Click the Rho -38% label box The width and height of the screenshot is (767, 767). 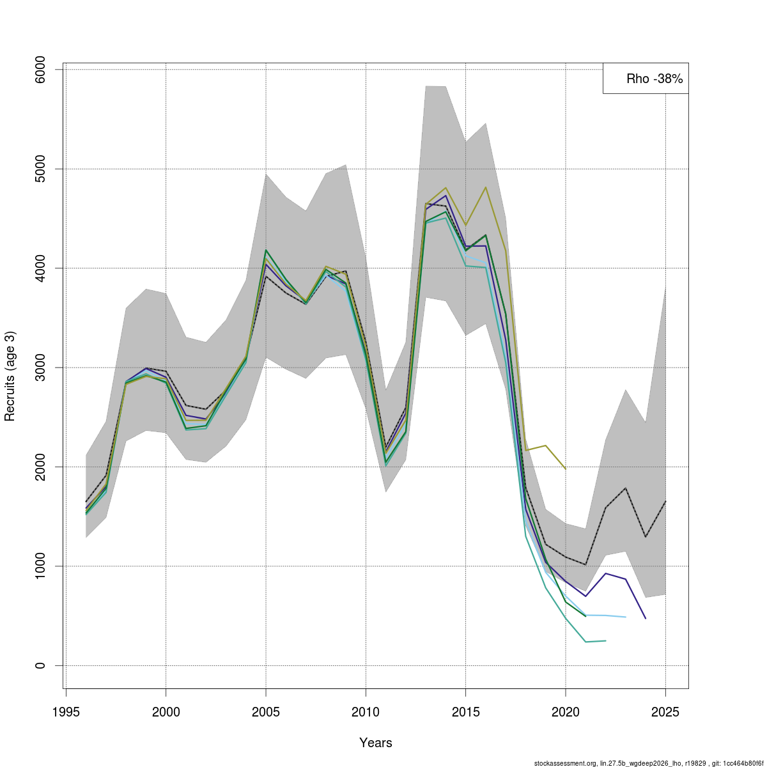point(645,79)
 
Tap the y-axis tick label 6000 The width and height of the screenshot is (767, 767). point(40,70)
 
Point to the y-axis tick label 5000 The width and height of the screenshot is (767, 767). point(40,169)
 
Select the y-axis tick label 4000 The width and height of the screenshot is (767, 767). point(40,268)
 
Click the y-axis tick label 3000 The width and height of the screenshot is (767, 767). point(40,368)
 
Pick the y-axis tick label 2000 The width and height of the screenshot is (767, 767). point(40,467)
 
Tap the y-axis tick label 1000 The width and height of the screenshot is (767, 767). point(40,566)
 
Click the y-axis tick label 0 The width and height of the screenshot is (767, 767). point(40,665)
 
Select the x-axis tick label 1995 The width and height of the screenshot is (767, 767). point(66,712)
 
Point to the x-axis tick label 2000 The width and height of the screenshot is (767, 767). point(166,712)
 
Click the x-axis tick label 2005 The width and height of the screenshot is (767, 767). point(266,712)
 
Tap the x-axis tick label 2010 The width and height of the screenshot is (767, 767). point(366,712)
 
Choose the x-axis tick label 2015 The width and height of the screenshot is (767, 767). point(466,712)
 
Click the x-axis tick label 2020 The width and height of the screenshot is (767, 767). point(566,712)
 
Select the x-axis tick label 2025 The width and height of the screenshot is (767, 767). point(665,712)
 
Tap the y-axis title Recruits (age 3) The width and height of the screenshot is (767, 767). point(10,376)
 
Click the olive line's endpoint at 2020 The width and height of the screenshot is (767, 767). point(566,469)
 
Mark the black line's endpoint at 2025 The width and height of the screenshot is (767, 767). point(665,501)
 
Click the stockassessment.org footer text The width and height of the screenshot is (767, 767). point(649,763)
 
